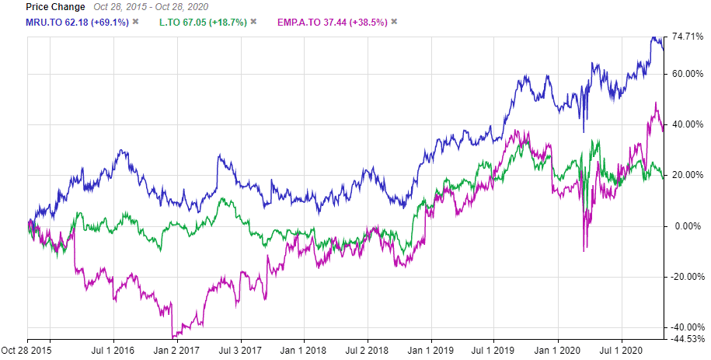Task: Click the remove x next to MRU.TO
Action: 135,21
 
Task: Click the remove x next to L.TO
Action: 251,21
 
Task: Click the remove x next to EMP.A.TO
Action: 393,21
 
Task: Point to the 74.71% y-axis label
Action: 688,37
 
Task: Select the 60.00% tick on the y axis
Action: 688,74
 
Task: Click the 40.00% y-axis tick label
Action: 688,124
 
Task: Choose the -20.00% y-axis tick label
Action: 687,277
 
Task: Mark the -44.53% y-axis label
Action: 687,339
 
